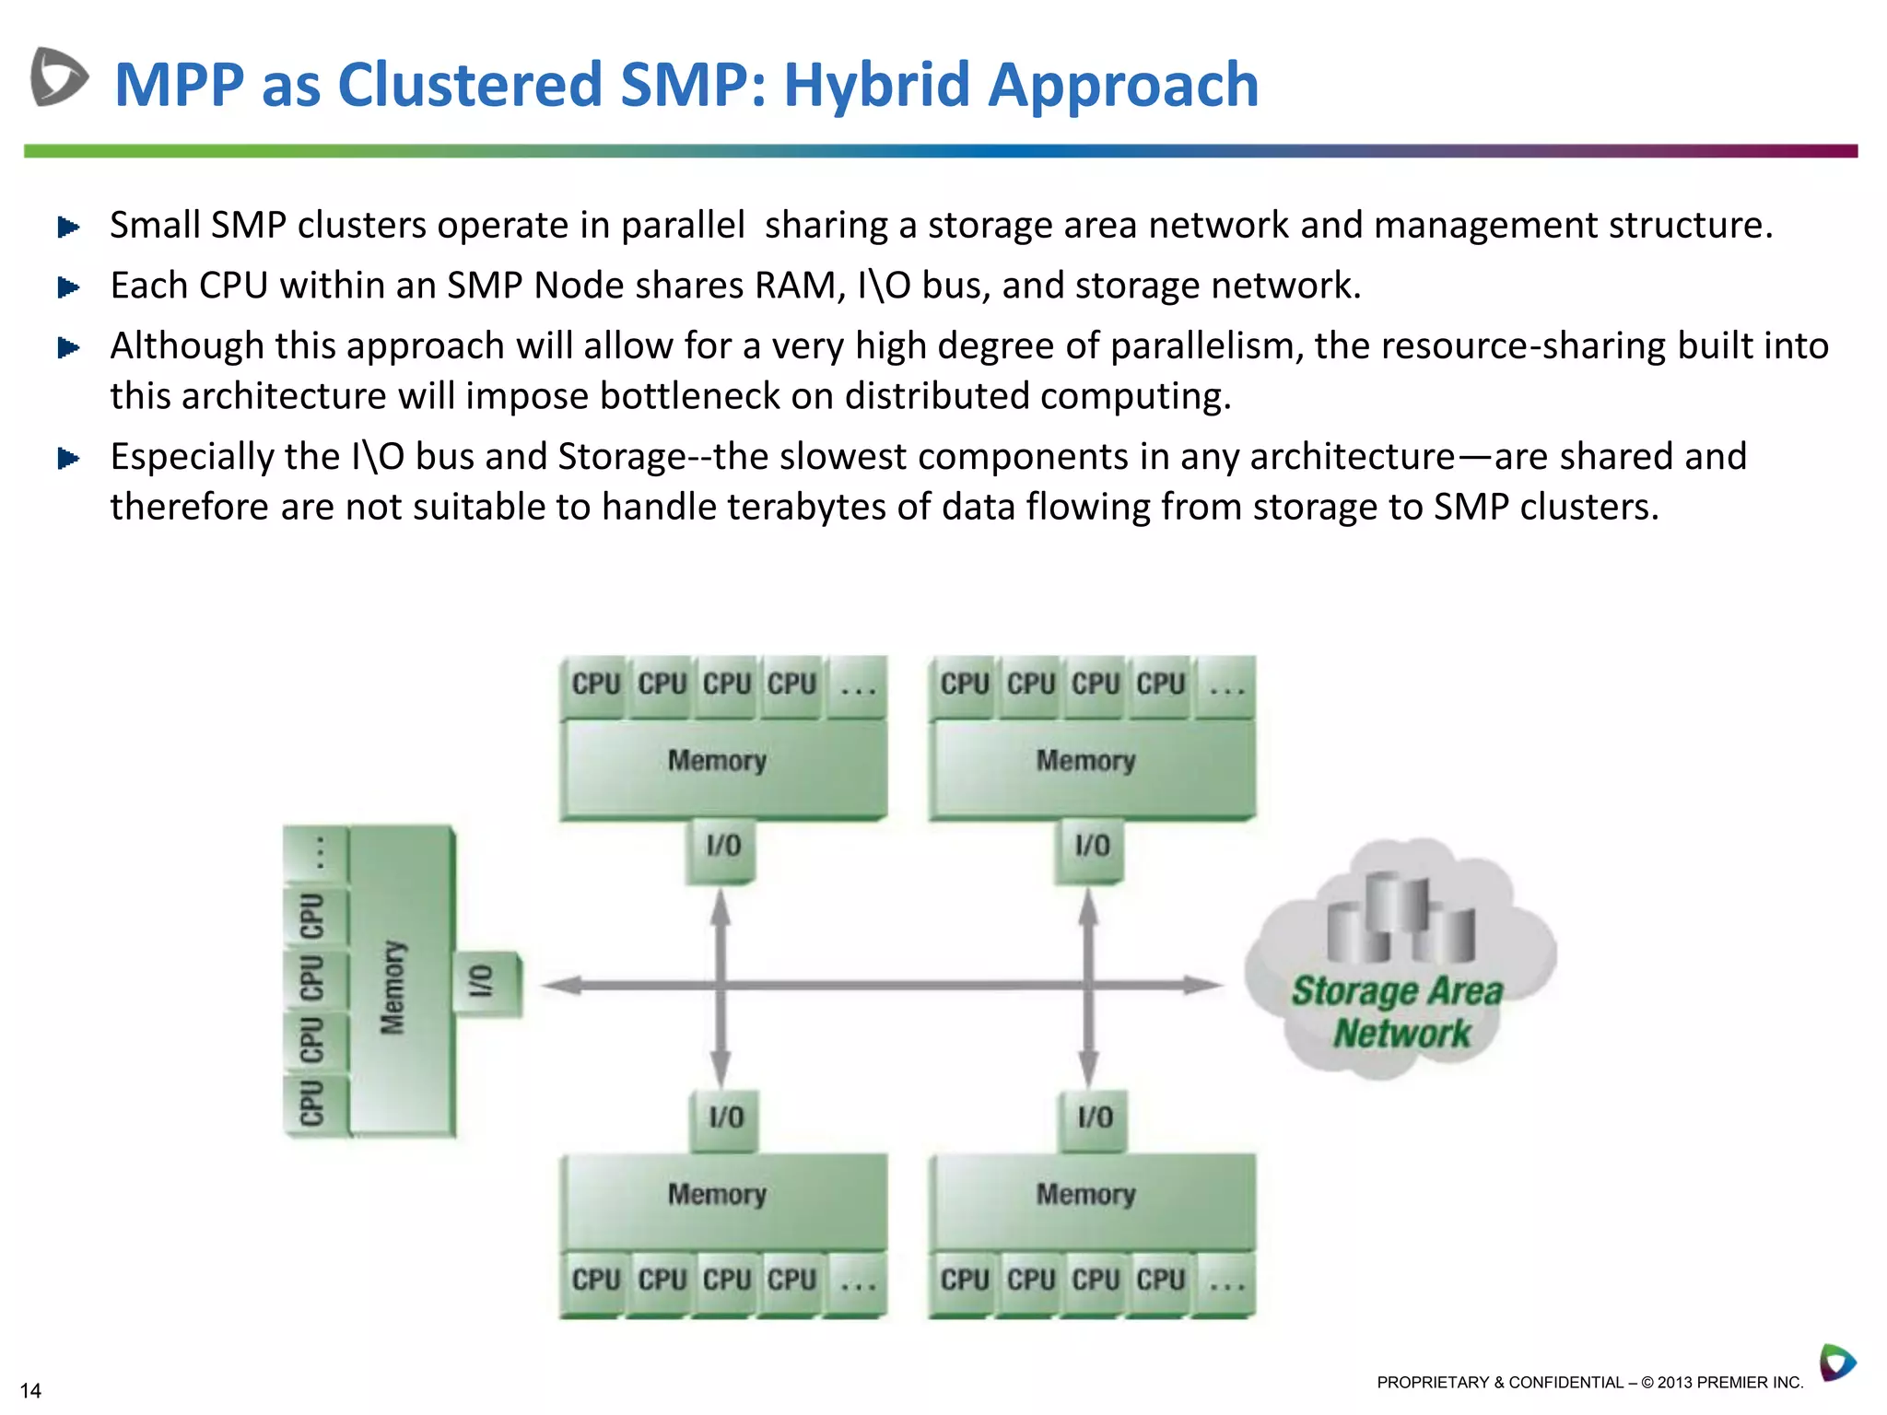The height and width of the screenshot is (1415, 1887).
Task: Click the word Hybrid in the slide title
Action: coord(877,85)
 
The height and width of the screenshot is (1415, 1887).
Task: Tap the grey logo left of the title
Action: coord(59,76)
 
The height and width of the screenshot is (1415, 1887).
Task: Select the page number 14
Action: coord(30,1390)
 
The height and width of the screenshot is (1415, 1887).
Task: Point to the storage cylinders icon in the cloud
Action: coord(1401,918)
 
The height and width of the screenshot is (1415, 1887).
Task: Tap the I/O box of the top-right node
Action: coord(1091,846)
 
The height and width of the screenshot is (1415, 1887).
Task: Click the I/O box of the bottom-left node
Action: coord(724,1117)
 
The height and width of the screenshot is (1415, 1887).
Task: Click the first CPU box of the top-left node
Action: coord(595,684)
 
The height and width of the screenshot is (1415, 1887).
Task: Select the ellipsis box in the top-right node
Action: coord(1225,685)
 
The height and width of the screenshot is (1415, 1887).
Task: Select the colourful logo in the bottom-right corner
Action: coord(1836,1362)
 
